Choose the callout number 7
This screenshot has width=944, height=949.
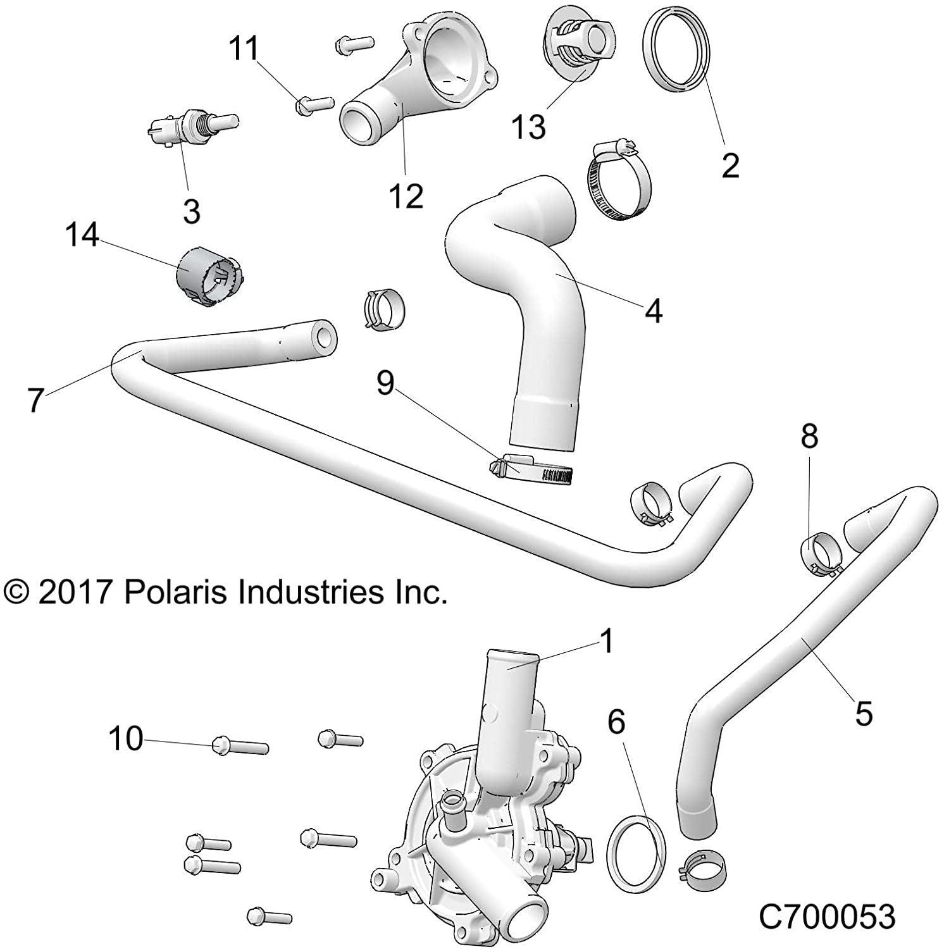[35, 399]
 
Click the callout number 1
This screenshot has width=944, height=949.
[606, 642]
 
